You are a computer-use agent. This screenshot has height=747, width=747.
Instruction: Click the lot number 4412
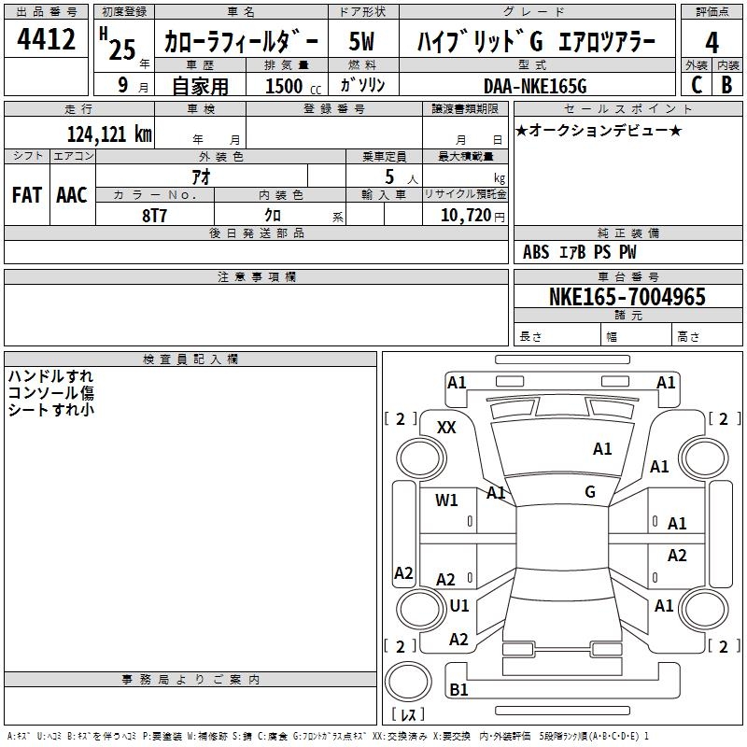47,41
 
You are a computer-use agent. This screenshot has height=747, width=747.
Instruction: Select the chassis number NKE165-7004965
627,297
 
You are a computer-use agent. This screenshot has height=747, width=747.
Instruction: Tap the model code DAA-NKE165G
535,86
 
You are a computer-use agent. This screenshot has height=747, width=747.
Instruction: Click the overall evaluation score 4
712,43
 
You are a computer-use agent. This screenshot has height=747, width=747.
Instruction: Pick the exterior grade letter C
696,86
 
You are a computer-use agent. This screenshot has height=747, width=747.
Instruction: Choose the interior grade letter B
726,86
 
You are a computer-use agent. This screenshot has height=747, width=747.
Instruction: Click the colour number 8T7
154,215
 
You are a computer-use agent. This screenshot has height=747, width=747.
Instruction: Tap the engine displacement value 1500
284,86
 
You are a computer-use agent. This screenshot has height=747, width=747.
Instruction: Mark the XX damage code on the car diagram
447,428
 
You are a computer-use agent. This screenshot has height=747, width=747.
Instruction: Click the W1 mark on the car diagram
446,500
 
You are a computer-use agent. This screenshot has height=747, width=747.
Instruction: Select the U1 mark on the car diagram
458,605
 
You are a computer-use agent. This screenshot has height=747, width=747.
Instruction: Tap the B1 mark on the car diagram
458,690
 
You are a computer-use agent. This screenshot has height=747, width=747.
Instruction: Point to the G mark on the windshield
590,492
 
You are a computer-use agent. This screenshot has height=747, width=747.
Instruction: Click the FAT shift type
26,194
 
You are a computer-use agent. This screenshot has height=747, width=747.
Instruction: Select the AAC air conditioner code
72,194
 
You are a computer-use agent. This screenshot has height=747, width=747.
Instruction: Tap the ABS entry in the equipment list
536,252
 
